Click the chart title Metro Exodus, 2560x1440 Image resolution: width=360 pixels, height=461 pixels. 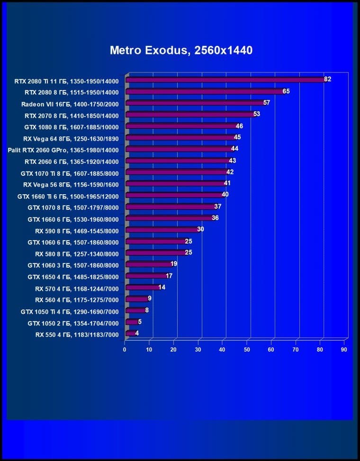181,50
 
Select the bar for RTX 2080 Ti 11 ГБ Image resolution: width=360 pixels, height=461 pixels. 225,80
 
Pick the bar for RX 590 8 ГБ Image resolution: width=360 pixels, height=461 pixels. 163,230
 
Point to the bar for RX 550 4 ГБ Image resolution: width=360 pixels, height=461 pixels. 131,334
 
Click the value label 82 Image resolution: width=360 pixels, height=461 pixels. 327,79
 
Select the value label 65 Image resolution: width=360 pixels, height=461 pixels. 286,91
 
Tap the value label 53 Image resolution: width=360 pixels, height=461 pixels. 257,114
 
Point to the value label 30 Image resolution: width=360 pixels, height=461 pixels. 201,229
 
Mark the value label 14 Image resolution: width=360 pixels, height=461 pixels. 162,287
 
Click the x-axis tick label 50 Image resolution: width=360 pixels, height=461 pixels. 247,350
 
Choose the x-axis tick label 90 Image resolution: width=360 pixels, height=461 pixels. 344,350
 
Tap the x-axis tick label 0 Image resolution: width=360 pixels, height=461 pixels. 125,350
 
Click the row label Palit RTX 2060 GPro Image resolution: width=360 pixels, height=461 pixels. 63,150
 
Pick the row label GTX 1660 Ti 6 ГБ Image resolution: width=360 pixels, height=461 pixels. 68,196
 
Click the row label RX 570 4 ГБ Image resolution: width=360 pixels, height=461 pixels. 77,288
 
